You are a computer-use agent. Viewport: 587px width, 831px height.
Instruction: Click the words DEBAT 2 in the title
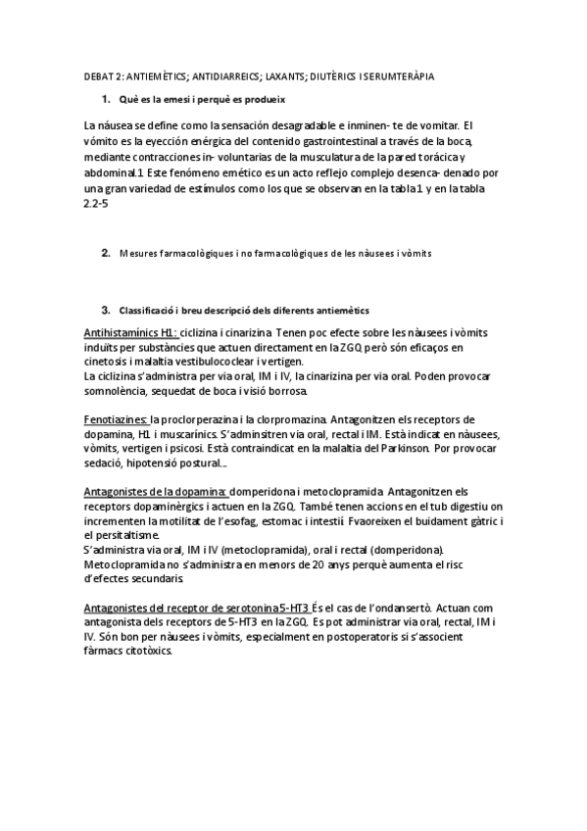tap(99, 75)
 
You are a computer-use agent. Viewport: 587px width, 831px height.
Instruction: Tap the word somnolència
tap(118, 391)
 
